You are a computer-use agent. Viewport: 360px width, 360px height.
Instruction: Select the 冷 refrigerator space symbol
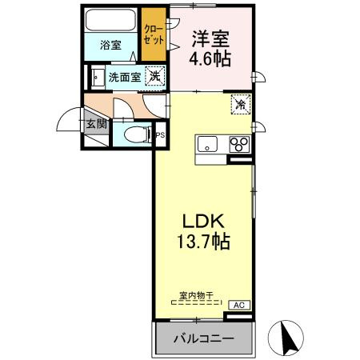pyautogui.click(x=239, y=104)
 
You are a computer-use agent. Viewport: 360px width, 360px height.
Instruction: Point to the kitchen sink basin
pyautogui.click(x=207, y=145)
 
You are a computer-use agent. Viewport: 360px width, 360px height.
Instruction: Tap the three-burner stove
pyautogui.click(x=238, y=145)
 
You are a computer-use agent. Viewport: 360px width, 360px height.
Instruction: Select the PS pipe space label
pyautogui.click(x=159, y=135)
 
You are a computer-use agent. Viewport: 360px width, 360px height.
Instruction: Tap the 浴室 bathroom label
pyautogui.click(x=110, y=45)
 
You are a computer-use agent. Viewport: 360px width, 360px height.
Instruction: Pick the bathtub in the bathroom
pyautogui.click(x=111, y=21)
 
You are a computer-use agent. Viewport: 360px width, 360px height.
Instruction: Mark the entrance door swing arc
pyautogui.click(x=69, y=120)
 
